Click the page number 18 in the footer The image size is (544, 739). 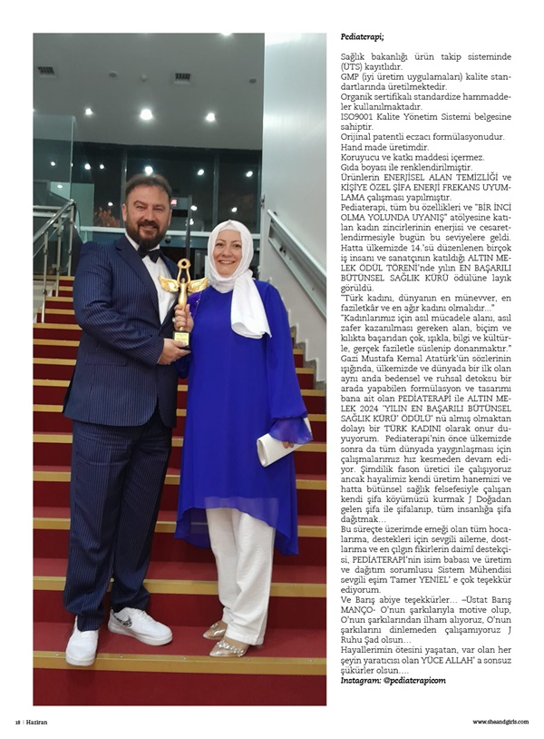tap(17, 723)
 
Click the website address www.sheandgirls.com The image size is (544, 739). tap(500, 723)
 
